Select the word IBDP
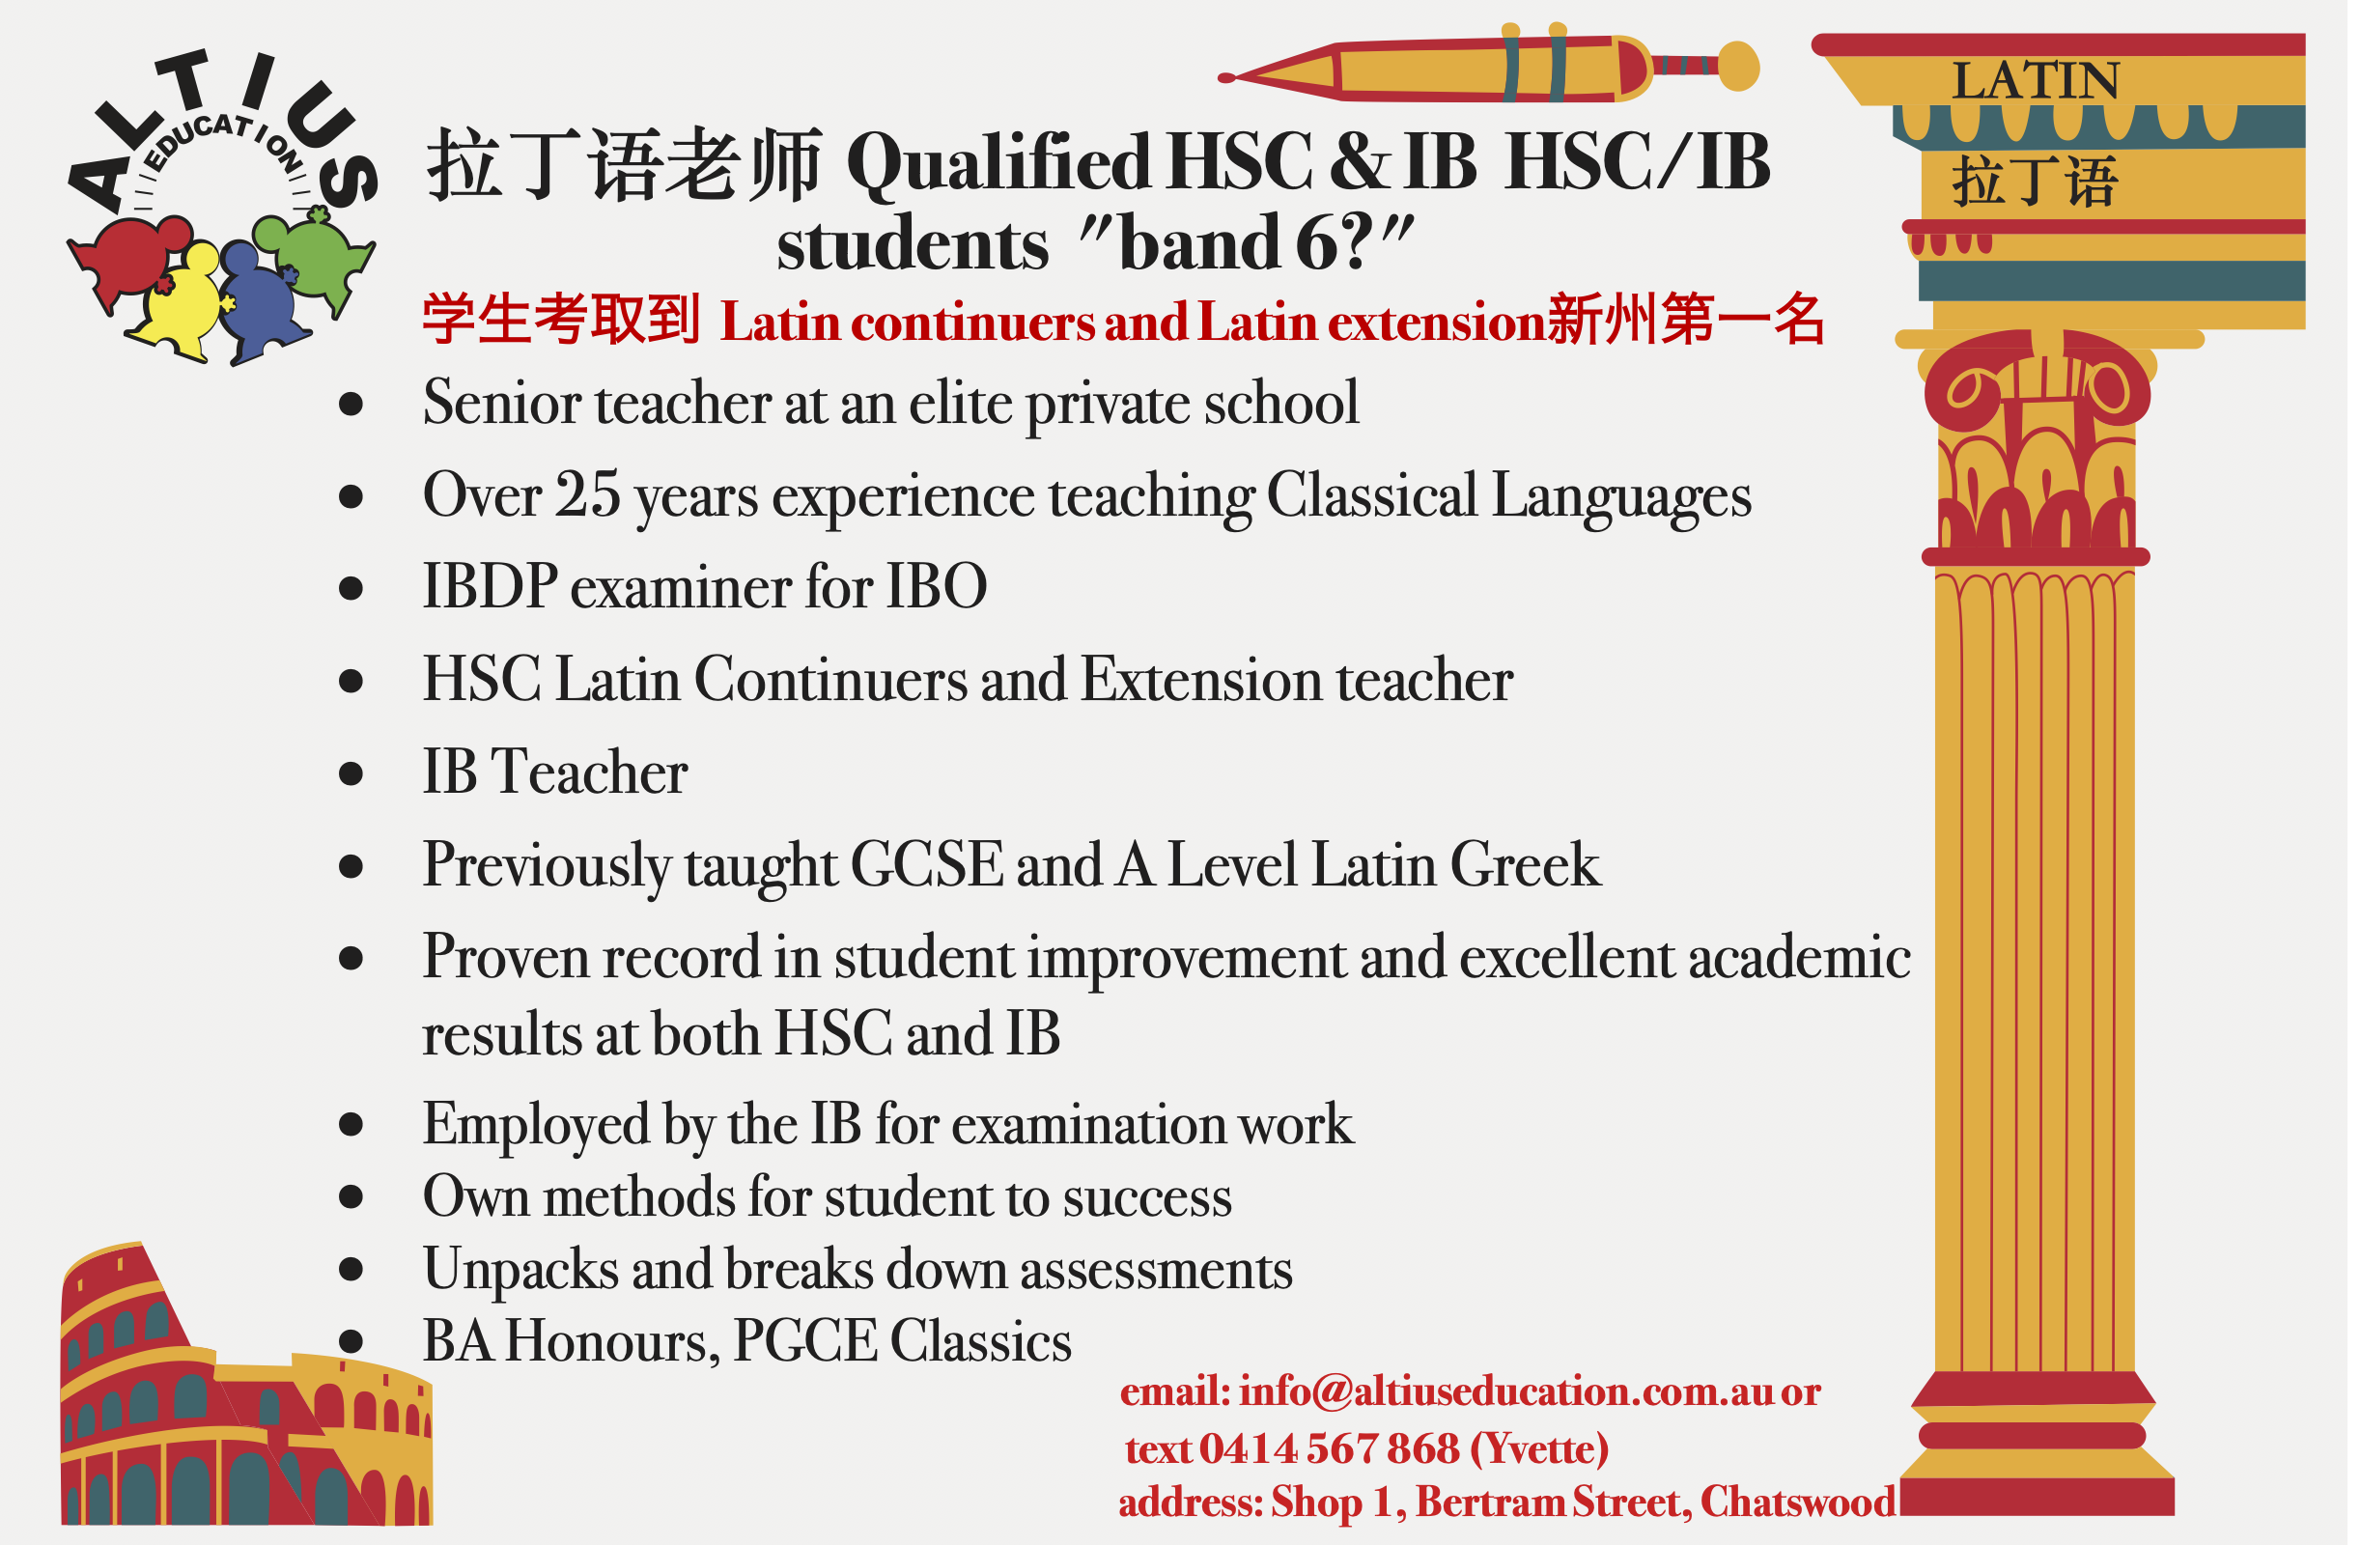[490, 588]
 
